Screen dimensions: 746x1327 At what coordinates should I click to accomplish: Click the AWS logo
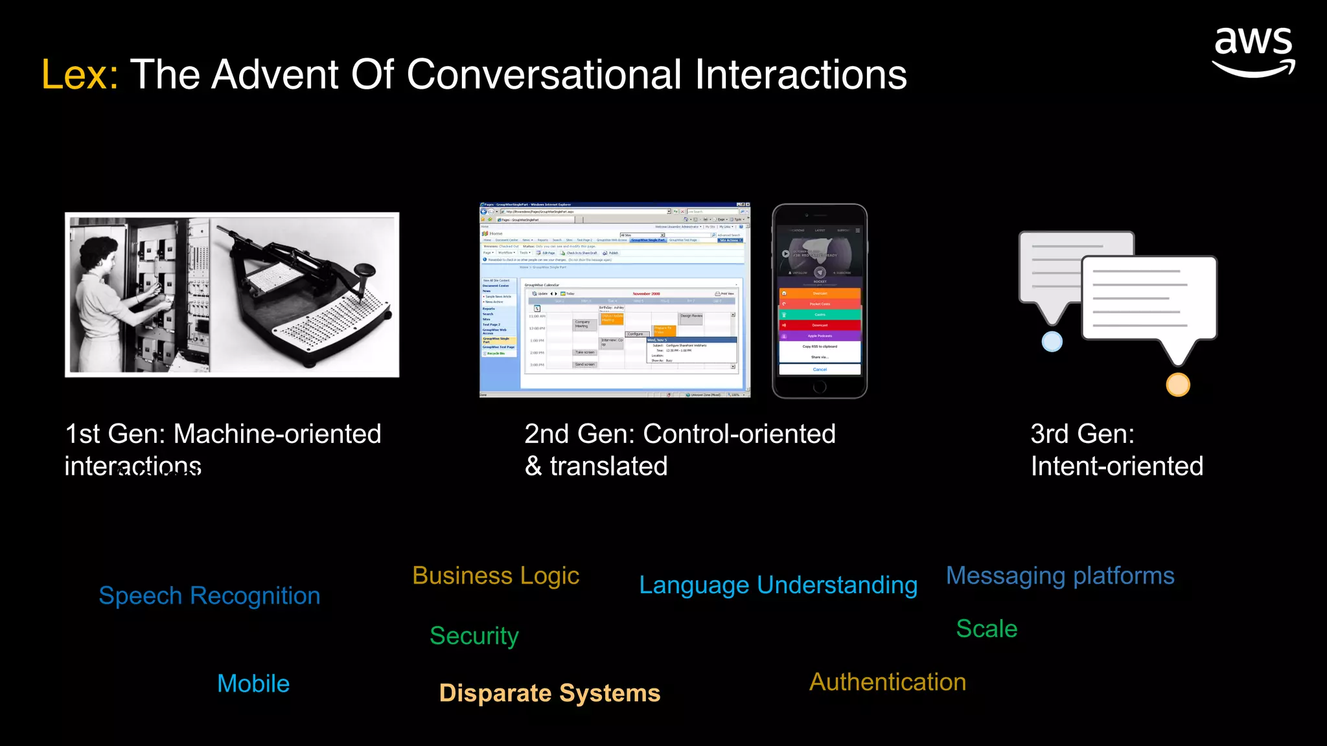click(1253, 52)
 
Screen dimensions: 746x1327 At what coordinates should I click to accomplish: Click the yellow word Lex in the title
click(79, 74)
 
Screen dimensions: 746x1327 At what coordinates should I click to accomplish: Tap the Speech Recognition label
click(209, 596)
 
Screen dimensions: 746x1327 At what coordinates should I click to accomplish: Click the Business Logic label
click(496, 576)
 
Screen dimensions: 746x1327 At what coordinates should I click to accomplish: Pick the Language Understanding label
click(778, 585)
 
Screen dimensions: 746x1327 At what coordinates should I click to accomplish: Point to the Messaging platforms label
click(1060, 576)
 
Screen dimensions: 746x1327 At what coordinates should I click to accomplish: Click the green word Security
click(474, 636)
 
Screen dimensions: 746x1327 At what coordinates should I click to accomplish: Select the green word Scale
click(987, 629)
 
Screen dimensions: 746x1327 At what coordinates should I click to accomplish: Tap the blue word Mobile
click(253, 684)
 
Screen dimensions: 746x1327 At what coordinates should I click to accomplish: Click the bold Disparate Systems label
click(549, 693)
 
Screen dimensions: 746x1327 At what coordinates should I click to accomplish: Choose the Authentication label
click(888, 682)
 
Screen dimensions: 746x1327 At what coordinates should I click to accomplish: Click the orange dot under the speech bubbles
click(1178, 385)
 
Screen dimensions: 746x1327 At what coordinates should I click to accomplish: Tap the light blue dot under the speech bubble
click(1052, 341)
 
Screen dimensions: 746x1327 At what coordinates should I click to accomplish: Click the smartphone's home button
click(820, 387)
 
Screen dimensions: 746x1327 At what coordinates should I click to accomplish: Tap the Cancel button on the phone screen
click(820, 370)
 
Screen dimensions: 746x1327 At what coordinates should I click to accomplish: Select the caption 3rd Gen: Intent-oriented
click(1116, 450)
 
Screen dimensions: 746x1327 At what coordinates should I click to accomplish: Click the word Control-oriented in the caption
click(739, 434)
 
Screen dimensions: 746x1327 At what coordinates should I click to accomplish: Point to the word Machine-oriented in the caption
click(277, 434)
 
